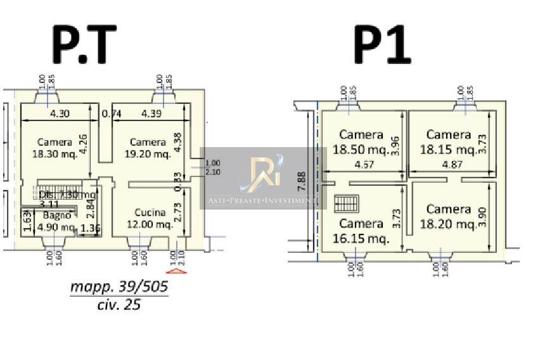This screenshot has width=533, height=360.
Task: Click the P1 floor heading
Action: pyautogui.click(x=382, y=45)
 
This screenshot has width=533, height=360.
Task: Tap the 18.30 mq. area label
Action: pyautogui.click(x=55, y=153)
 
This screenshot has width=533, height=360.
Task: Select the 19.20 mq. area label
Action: pyautogui.click(x=148, y=153)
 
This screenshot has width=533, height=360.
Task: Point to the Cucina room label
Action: pyautogui.click(x=150, y=213)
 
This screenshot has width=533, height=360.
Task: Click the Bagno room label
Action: pyautogui.click(x=53, y=216)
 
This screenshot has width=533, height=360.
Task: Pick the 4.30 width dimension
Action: pyautogui.click(x=60, y=114)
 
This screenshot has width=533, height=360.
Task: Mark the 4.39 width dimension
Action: pyautogui.click(x=153, y=114)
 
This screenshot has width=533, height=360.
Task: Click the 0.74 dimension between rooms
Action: pyautogui.click(x=112, y=114)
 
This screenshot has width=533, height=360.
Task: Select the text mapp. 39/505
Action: pyautogui.click(x=119, y=287)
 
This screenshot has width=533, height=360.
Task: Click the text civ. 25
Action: pyautogui.click(x=119, y=304)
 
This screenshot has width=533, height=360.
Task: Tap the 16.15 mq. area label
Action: pyautogui.click(x=361, y=239)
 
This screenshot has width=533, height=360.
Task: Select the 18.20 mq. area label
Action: pyautogui.click(x=448, y=224)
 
